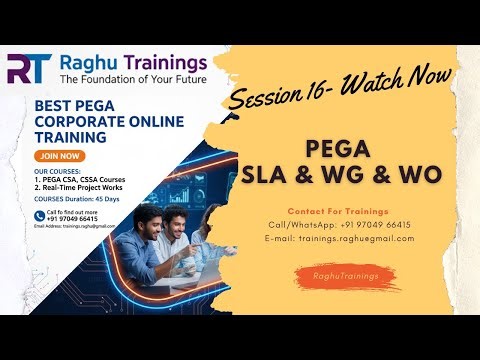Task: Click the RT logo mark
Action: [x=30, y=68]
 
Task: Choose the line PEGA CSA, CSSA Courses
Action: [x=79, y=180]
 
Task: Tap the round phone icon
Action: [x=39, y=215]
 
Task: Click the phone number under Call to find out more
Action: [x=72, y=219]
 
